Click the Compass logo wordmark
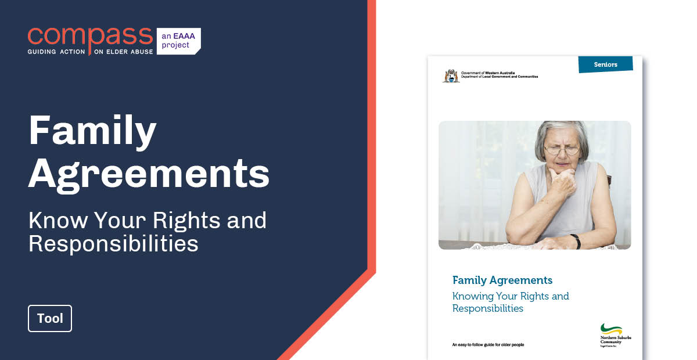pos(90,36)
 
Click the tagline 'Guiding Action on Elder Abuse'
pos(90,52)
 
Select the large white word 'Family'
pos(93,131)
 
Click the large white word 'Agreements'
pos(149,174)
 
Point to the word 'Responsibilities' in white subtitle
pos(113,244)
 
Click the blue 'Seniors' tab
pos(605,64)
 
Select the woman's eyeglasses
pos(561,150)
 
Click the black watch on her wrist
pos(575,239)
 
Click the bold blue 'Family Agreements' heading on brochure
pos(502,280)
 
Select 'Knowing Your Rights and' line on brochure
pos(511,296)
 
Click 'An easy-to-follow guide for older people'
pos(488,345)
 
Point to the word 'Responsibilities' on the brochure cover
pos(488,308)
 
